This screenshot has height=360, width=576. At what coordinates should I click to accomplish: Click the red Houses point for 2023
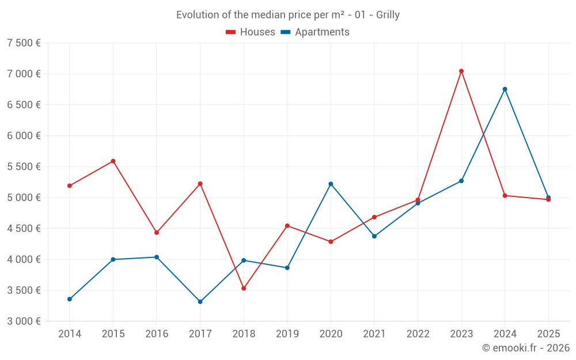tap(461, 71)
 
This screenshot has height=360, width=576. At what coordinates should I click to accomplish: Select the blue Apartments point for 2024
tap(505, 89)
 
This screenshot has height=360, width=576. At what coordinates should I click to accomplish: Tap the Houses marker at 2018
tap(244, 288)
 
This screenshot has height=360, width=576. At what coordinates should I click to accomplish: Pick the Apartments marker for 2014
tap(69, 299)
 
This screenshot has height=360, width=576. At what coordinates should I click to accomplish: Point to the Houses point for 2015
tap(113, 161)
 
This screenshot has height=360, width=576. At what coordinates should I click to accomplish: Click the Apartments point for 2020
tap(331, 184)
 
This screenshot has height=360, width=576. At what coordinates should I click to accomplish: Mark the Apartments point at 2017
tap(200, 302)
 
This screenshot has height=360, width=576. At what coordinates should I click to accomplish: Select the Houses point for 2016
tap(157, 233)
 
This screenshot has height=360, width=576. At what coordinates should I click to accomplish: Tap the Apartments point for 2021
tap(374, 236)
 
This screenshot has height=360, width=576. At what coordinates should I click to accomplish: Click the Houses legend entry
tap(251, 32)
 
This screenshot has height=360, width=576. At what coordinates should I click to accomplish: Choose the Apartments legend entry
tap(315, 32)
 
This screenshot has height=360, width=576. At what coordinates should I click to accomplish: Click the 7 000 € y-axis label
tap(24, 74)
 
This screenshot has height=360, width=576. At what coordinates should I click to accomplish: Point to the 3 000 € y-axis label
tap(24, 321)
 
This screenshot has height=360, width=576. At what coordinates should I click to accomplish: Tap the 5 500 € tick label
tap(24, 166)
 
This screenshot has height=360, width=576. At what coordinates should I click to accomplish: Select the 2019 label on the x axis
tap(287, 334)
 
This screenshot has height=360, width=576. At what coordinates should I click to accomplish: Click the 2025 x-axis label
tap(548, 334)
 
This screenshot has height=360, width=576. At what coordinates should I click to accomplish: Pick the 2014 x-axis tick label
tap(69, 334)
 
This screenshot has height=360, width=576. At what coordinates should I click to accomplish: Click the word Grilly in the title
tap(388, 15)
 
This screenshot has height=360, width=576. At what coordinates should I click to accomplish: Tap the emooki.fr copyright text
tap(526, 348)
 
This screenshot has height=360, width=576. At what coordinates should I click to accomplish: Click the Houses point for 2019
tap(287, 226)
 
